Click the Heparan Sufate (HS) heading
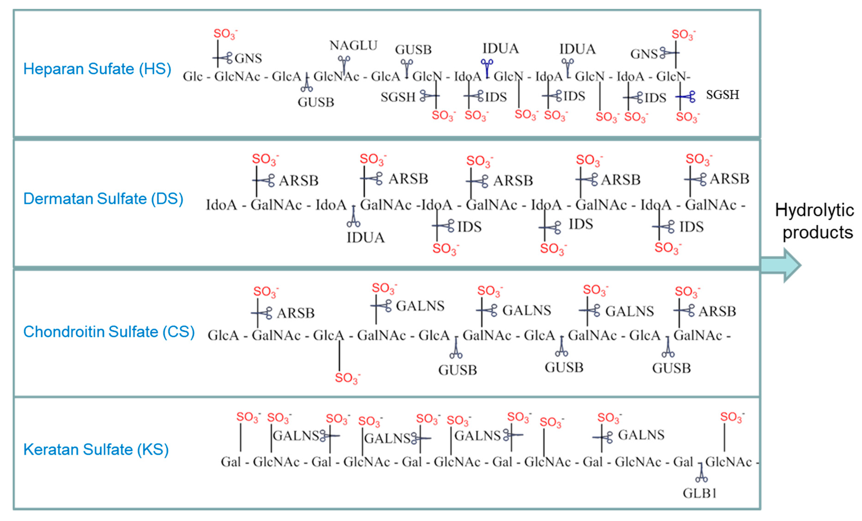point(97,69)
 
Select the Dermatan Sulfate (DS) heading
point(103,199)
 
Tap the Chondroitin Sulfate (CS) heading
point(109,332)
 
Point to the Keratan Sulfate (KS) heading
point(96,449)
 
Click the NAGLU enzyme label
point(353,46)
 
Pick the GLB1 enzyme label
point(700,493)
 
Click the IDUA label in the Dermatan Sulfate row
point(366,238)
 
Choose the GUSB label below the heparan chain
point(316,102)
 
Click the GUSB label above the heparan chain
point(413,50)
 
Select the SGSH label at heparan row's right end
point(723,95)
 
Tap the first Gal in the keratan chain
point(230,462)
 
